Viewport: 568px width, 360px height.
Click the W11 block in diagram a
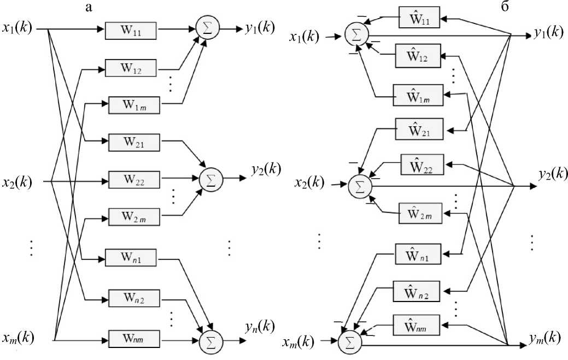pos(131,31)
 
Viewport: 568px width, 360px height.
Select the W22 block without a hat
pos(134,179)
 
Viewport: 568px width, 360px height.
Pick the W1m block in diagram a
pos(134,105)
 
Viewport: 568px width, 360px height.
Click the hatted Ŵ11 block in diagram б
pos(420,19)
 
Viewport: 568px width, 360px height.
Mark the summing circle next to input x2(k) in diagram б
pos(360,186)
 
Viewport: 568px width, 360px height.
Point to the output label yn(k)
pos(260,327)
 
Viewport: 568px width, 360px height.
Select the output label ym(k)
pos(544,338)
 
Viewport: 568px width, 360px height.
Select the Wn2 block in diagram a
pos(134,299)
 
